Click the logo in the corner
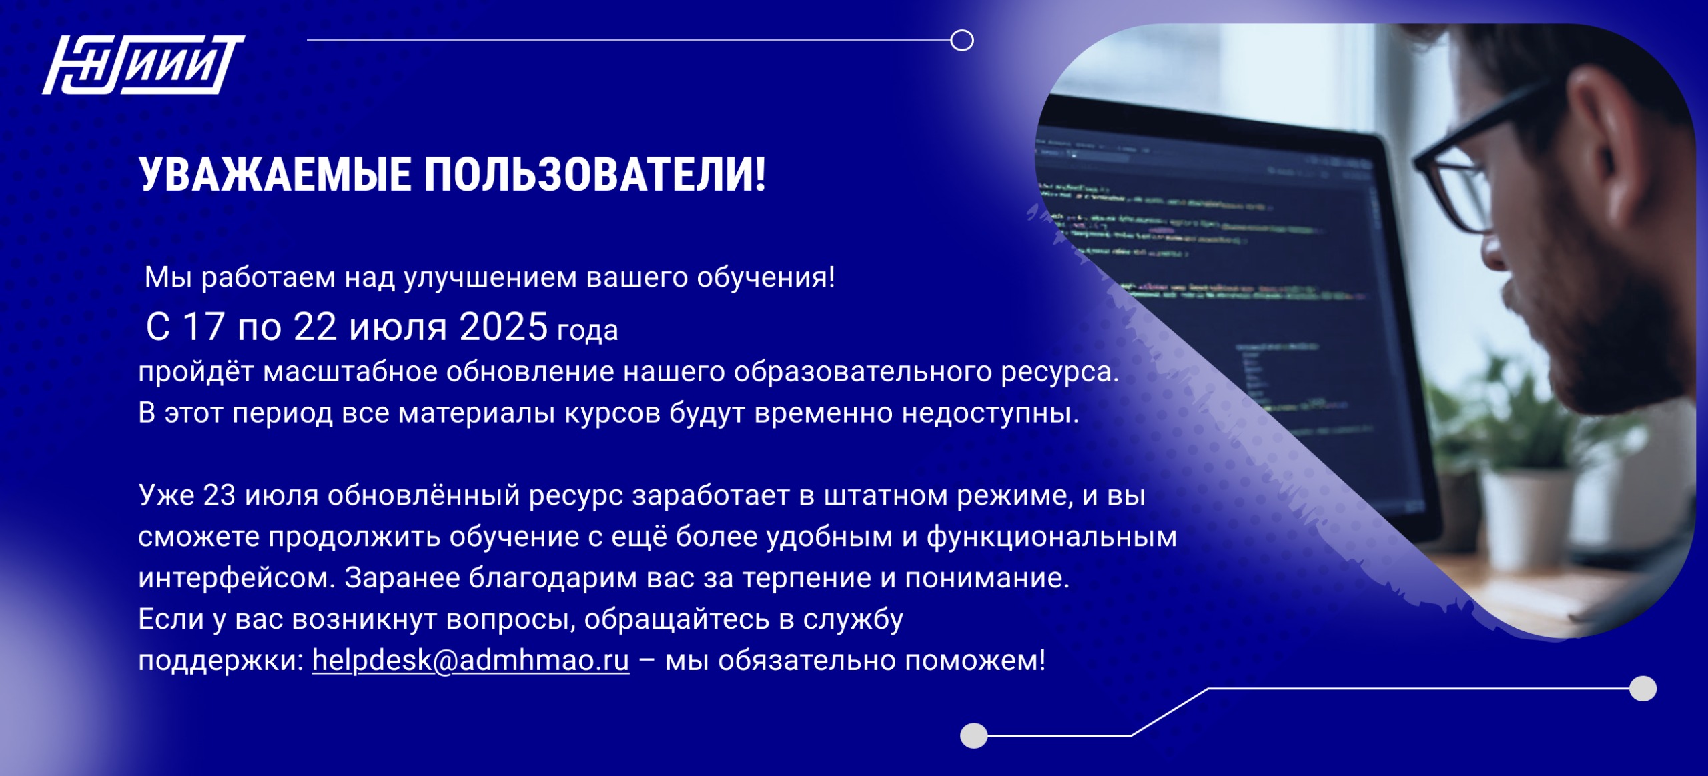143,65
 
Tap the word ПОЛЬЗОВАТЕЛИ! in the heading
595,175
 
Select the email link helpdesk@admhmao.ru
470,660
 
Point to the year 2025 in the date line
503,327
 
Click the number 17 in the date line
203,327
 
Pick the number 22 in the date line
315,327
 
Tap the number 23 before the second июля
220,495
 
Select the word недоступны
990,414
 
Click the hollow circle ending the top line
962,41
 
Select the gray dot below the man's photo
1643,689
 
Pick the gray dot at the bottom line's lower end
974,736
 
